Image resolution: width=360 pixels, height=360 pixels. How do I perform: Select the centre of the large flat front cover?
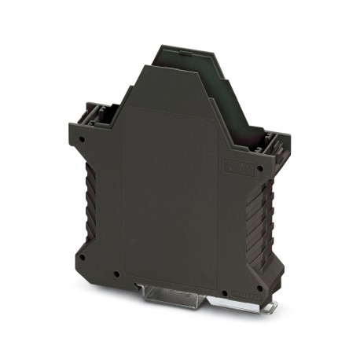(x=169, y=189)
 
